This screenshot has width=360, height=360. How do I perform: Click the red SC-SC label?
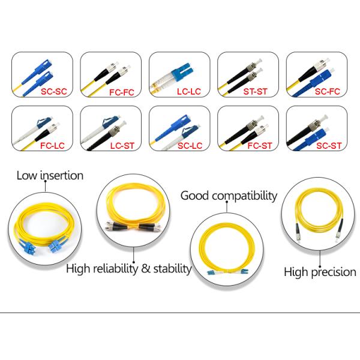pyautogui.click(x=53, y=94)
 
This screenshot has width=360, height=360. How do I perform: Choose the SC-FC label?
pyautogui.click(x=327, y=94)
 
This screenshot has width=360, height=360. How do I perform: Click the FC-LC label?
pyautogui.click(x=53, y=146)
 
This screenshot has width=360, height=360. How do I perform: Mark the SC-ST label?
pyautogui.click(x=327, y=146)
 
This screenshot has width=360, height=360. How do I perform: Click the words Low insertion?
pyautogui.click(x=50, y=176)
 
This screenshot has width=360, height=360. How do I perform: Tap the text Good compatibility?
pyautogui.click(x=229, y=196)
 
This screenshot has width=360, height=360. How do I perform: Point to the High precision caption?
pyautogui.click(x=320, y=272)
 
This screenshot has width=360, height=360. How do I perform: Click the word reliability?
pyautogui.click(x=115, y=268)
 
